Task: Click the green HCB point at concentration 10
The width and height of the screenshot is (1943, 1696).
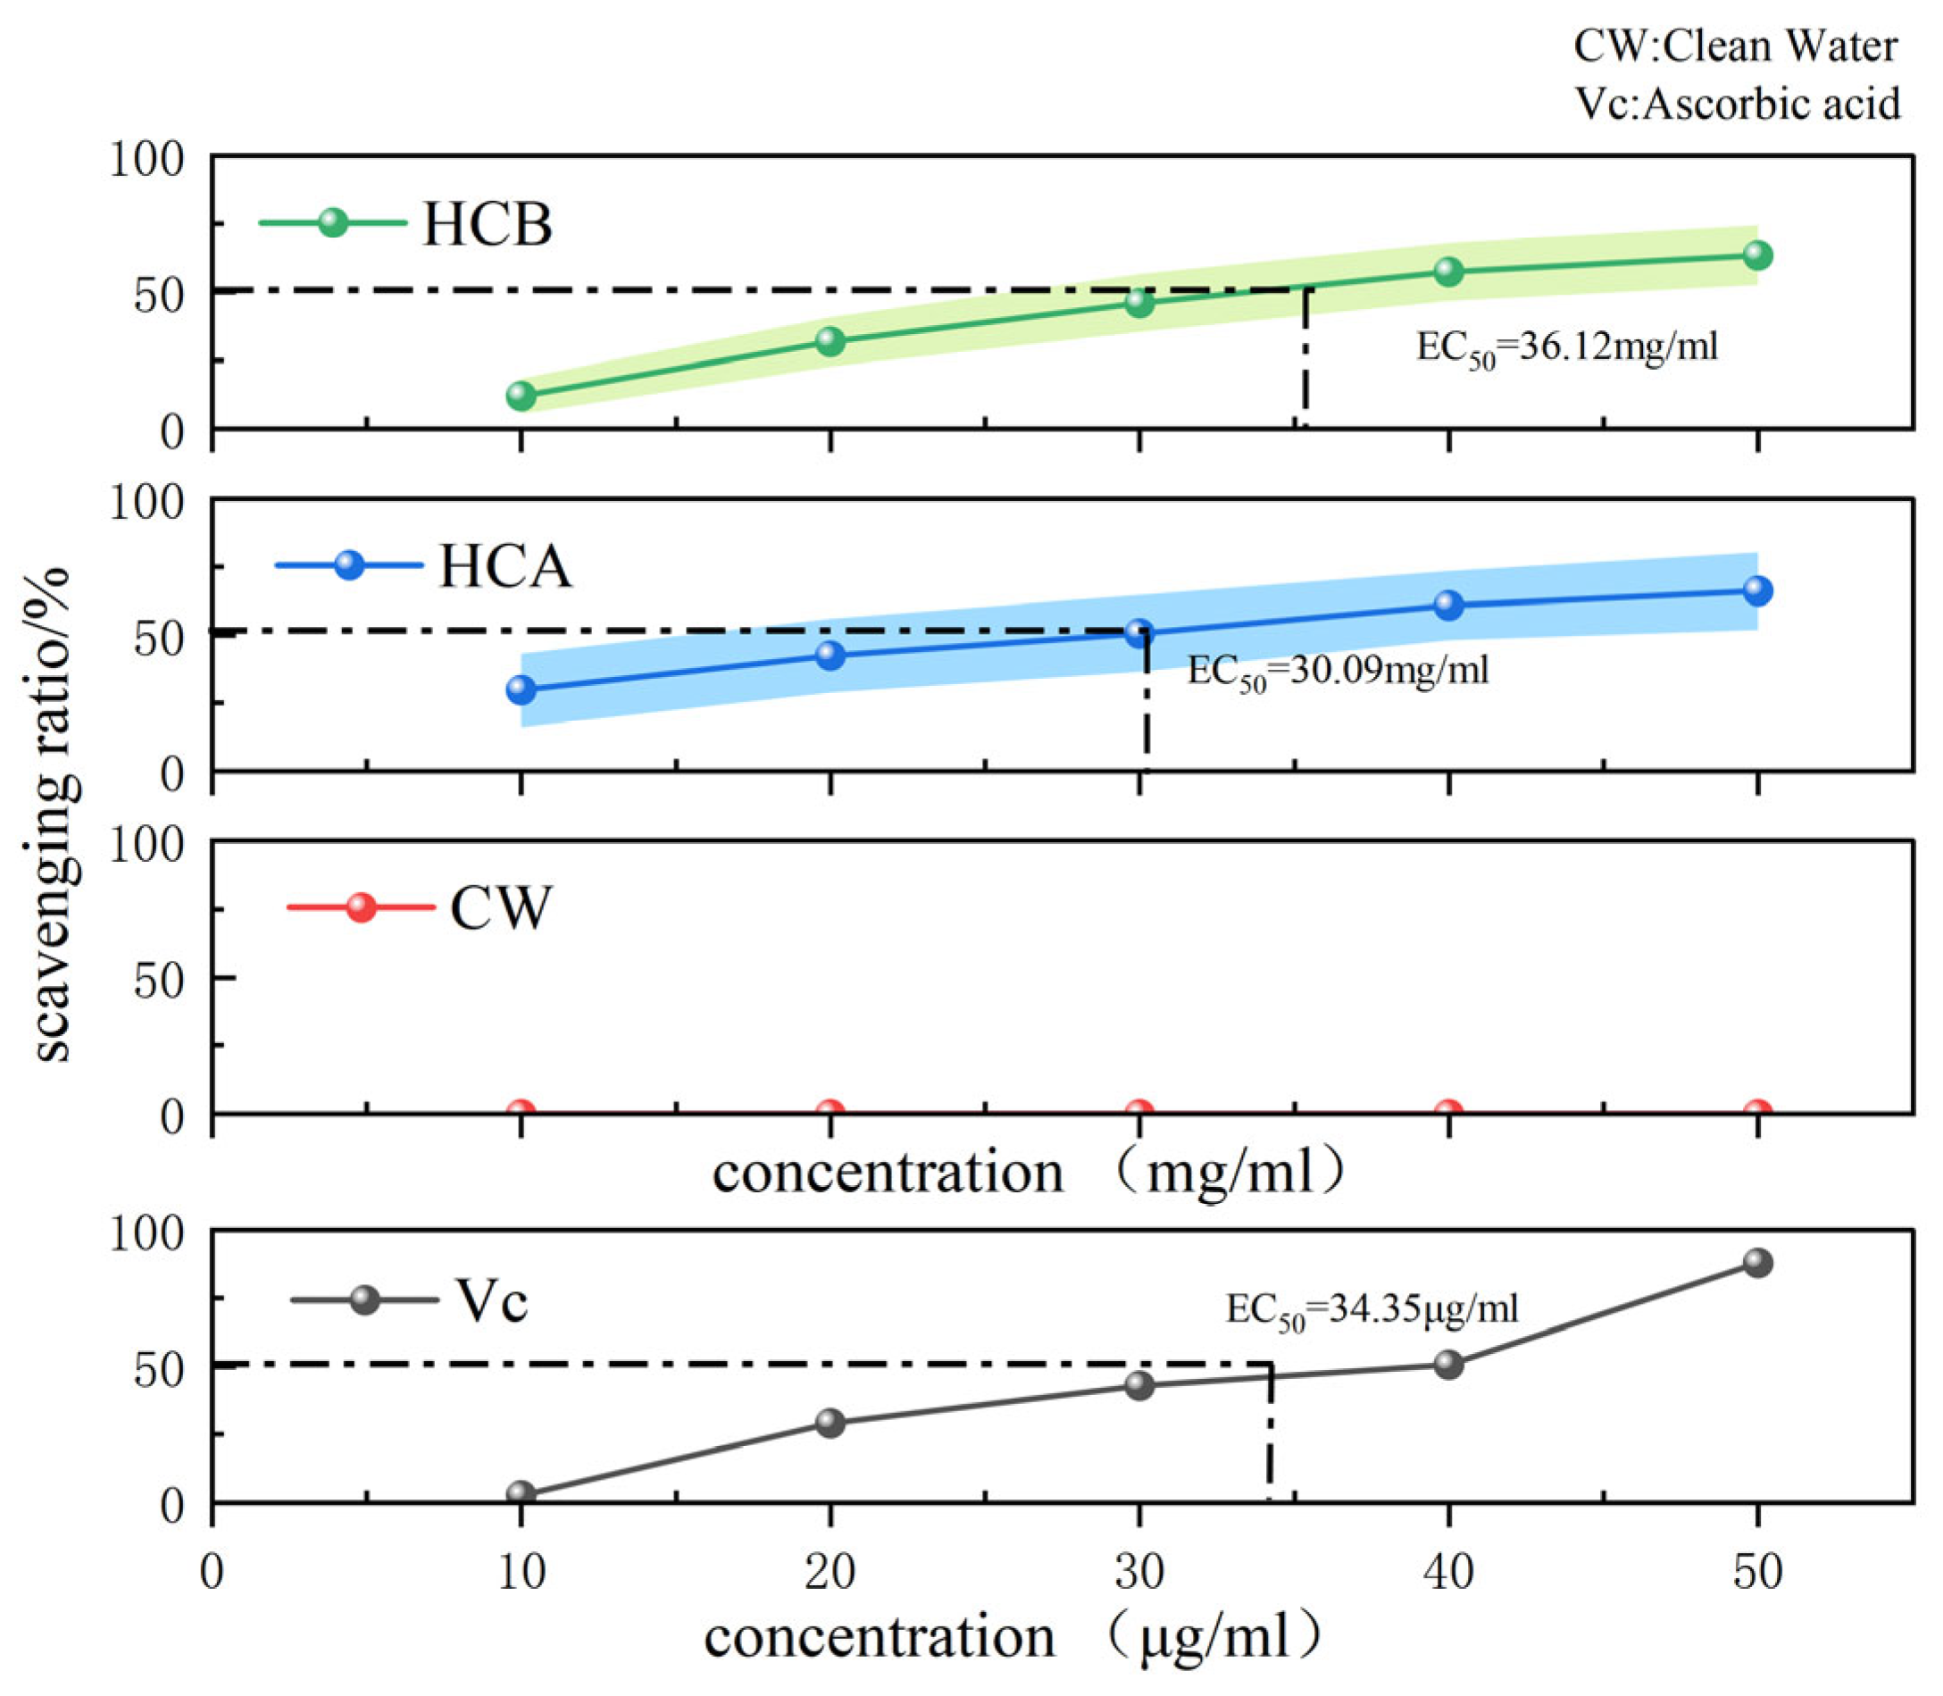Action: tap(521, 396)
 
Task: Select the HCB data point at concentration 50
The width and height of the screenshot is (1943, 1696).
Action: tap(1757, 255)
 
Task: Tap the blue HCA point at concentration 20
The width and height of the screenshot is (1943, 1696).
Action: tap(830, 655)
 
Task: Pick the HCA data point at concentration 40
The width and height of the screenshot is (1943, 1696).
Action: tap(1448, 605)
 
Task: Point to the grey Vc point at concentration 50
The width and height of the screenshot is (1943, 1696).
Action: tap(1757, 1263)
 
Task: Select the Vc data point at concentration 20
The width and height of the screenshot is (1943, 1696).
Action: tap(830, 1423)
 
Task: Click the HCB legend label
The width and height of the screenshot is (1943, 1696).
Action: tap(487, 224)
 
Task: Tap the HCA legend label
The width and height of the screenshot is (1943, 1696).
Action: tap(505, 567)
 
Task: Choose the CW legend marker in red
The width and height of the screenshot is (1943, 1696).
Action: tap(361, 906)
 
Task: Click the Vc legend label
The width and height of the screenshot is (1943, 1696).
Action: tap(492, 1300)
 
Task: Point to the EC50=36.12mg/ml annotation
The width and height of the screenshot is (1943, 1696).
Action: tap(1566, 347)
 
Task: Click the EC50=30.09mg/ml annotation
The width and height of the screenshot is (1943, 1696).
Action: tap(1338, 671)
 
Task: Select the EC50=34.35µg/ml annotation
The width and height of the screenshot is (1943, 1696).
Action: tap(1372, 1311)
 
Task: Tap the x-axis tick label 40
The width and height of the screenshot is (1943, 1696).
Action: tap(1448, 1572)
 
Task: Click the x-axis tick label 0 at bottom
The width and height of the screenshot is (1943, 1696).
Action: tap(212, 1572)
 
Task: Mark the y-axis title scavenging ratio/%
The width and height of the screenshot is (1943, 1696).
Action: tap(49, 815)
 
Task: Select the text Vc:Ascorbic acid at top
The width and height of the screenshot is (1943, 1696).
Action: tap(1737, 104)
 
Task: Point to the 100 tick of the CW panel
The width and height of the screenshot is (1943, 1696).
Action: tap(146, 843)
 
